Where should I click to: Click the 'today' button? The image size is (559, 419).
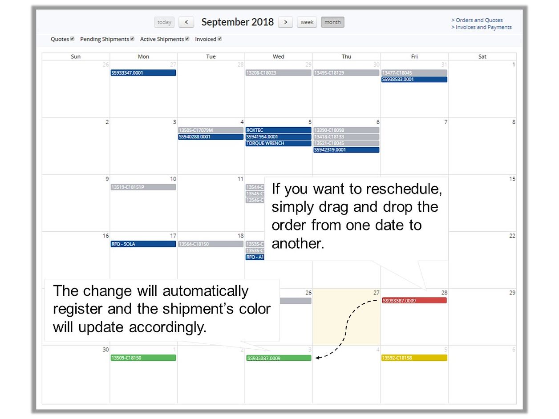pyautogui.click(x=164, y=22)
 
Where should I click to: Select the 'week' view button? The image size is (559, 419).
pyautogui.click(x=307, y=22)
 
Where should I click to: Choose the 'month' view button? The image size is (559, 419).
pyautogui.click(x=332, y=22)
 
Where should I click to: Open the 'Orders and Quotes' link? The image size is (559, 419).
pyautogui.click(x=477, y=20)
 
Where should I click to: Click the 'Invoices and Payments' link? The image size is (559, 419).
pyautogui.click(x=481, y=27)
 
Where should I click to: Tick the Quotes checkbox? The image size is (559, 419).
pyautogui.click(x=73, y=39)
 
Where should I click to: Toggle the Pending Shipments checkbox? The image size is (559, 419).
pyautogui.click(x=132, y=39)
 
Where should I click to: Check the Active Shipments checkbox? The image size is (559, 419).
pyautogui.click(x=187, y=39)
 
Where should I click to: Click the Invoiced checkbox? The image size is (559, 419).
pyautogui.click(x=219, y=39)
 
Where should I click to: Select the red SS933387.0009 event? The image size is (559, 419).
pyautogui.click(x=414, y=300)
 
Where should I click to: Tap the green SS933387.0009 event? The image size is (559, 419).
pyautogui.click(x=279, y=358)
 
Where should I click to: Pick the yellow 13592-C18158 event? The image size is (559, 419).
pyautogui.click(x=414, y=358)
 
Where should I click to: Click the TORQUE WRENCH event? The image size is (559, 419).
pyautogui.click(x=278, y=143)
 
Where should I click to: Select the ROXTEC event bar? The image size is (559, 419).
pyautogui.click(x=278, y=130)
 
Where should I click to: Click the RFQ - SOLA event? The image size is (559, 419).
pyautogui.click(x=143, y=244)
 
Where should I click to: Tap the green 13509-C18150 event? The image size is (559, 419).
pyautogui.click(x=143, y=358)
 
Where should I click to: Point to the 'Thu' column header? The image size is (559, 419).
pyautogui.click(x=346, y=56)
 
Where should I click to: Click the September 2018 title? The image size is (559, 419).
pyautogui.click(x=237, y=22)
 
